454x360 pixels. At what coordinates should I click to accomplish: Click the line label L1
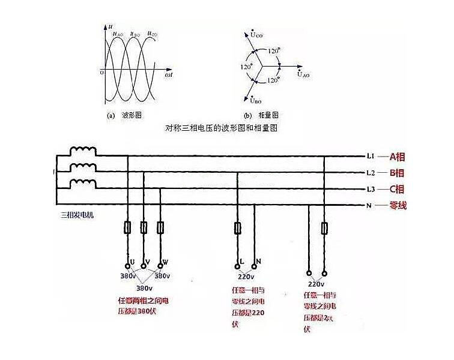tap(371, 157)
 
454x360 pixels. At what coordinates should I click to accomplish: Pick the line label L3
tap(371, 190)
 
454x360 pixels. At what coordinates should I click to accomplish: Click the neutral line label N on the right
tap(370, 206)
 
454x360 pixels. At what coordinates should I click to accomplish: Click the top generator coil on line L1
tap(83, 152)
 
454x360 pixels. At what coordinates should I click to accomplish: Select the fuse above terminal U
tap(128, 228)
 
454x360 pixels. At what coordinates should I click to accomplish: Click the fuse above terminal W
tap(160, 228)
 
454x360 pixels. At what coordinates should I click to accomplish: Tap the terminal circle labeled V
tap(144, 265)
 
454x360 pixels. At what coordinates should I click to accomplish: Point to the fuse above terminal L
tap(238, 228)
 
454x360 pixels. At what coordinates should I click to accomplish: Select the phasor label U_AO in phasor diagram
tap(303, 75)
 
